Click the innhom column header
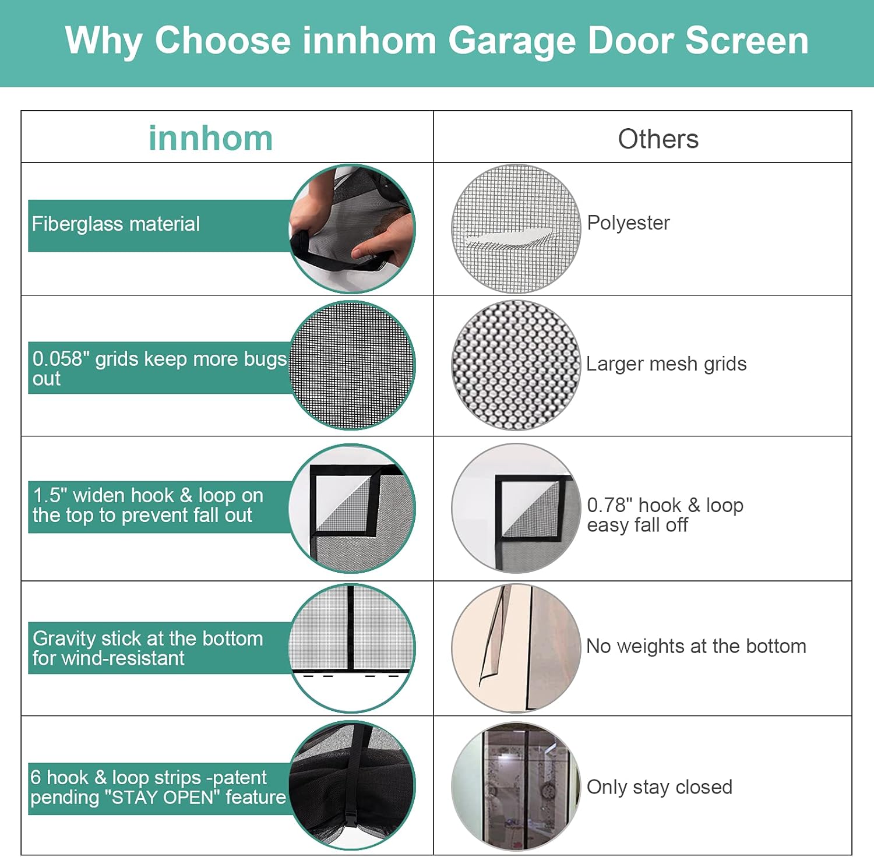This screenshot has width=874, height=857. point(210,139)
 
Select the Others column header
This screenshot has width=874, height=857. point(658,139)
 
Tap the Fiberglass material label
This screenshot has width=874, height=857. point(115,224)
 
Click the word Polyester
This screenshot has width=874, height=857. point(628,223)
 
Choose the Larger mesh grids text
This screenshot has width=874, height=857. point(666,364)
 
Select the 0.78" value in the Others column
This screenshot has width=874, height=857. point(609,505)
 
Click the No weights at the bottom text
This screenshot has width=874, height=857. point(696,646)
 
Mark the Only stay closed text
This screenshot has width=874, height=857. point(659,787)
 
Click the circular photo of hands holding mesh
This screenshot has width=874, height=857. point(352,228)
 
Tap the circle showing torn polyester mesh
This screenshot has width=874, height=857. point(516,228)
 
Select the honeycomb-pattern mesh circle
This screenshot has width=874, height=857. point(516,365)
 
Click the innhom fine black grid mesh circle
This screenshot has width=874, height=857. point(352,365)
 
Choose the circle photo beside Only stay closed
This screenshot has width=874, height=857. point(516,787)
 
